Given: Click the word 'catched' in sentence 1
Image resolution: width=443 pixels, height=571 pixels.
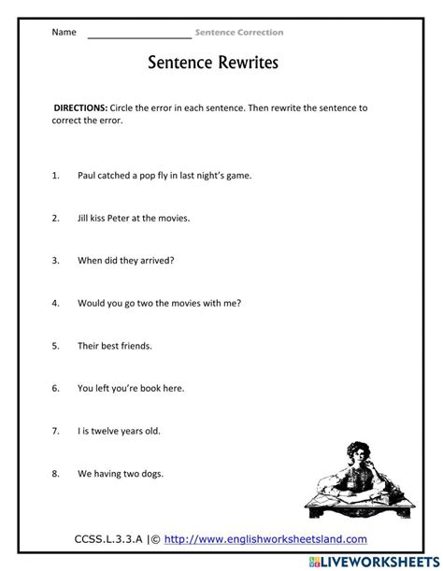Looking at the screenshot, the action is click(117, 175).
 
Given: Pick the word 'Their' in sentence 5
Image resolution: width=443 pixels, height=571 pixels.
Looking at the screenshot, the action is click(90, 346).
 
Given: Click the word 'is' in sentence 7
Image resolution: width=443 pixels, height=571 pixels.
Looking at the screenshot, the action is click(88, 431).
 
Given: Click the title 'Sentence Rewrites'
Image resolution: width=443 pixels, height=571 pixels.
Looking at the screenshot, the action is click(213, 64).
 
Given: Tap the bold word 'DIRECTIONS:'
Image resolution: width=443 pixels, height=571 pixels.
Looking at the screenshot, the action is click(80, 107).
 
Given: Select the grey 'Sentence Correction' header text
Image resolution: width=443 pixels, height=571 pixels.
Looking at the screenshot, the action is click(239, 33).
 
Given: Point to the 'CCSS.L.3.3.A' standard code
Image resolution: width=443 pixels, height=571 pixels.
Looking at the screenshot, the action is click(110, 539).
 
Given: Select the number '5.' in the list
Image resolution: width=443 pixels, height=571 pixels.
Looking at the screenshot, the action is click(56, 346).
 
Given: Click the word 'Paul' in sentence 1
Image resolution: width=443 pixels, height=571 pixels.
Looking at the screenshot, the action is click(88, 175).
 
